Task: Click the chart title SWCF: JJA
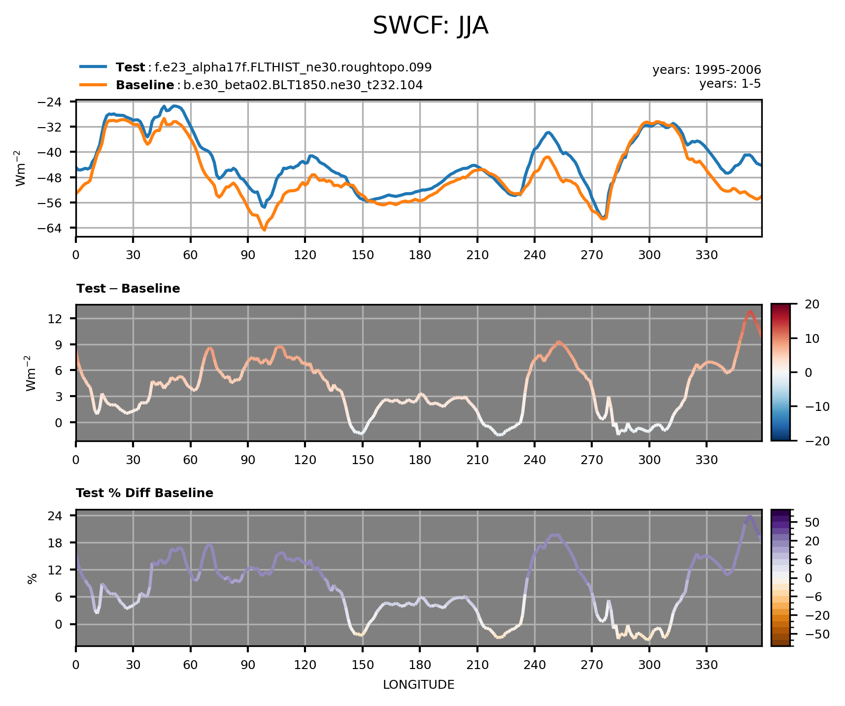430,26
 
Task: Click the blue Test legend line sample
93,67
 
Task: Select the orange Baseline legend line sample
93,85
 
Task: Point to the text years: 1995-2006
707,70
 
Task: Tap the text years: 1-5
730,84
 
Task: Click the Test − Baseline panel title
128,289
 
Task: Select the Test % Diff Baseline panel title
144,493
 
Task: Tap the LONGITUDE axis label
418,685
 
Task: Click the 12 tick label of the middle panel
62,319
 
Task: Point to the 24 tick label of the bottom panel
62,516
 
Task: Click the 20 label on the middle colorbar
812,304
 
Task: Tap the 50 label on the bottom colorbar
812,522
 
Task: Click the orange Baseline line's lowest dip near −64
264,230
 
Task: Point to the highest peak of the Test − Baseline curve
749,311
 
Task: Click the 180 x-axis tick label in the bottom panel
419,665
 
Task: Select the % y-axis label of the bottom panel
33,578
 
